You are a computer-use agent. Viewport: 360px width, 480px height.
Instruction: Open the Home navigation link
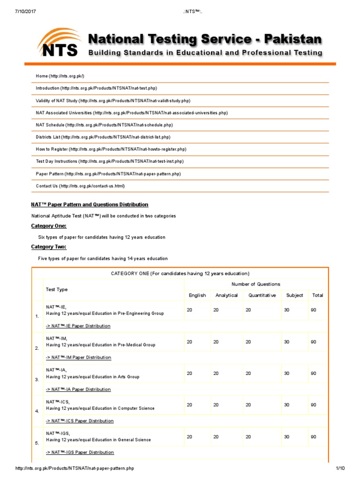click(x=60, y=76)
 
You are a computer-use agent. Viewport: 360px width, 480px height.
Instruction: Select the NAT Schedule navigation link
click(x=104, y=125)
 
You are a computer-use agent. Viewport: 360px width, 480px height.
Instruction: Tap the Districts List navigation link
click(x=103, y=137)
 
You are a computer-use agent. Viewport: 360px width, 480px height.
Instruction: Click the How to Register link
click(x=111, y=149)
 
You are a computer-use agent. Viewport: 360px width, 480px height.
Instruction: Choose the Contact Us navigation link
click(x=81, y=186)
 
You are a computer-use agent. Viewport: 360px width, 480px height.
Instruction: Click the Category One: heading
click(x=49, y=226)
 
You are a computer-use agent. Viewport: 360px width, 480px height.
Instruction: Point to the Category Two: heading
click(x=49, y=247)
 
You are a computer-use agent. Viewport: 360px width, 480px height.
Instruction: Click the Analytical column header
click(x=226, y=295)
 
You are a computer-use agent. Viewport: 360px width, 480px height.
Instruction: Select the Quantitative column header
click(x=262, y=295)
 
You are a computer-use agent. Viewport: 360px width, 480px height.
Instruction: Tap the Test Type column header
click(x=57, y=290)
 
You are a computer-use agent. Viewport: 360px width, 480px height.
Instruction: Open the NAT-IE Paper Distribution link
click(x=78, y=326)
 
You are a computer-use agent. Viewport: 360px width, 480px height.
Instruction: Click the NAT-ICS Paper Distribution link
click(x=79, y=421)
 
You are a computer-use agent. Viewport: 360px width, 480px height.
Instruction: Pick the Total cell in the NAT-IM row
click(x=313, y=342)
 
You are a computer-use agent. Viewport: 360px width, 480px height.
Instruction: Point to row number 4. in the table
click(x=37, y=411)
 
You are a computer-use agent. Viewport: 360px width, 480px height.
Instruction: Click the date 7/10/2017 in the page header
click(x=22, y=5)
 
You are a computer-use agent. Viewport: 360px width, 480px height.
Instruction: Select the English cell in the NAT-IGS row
click(x=189, y=437)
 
